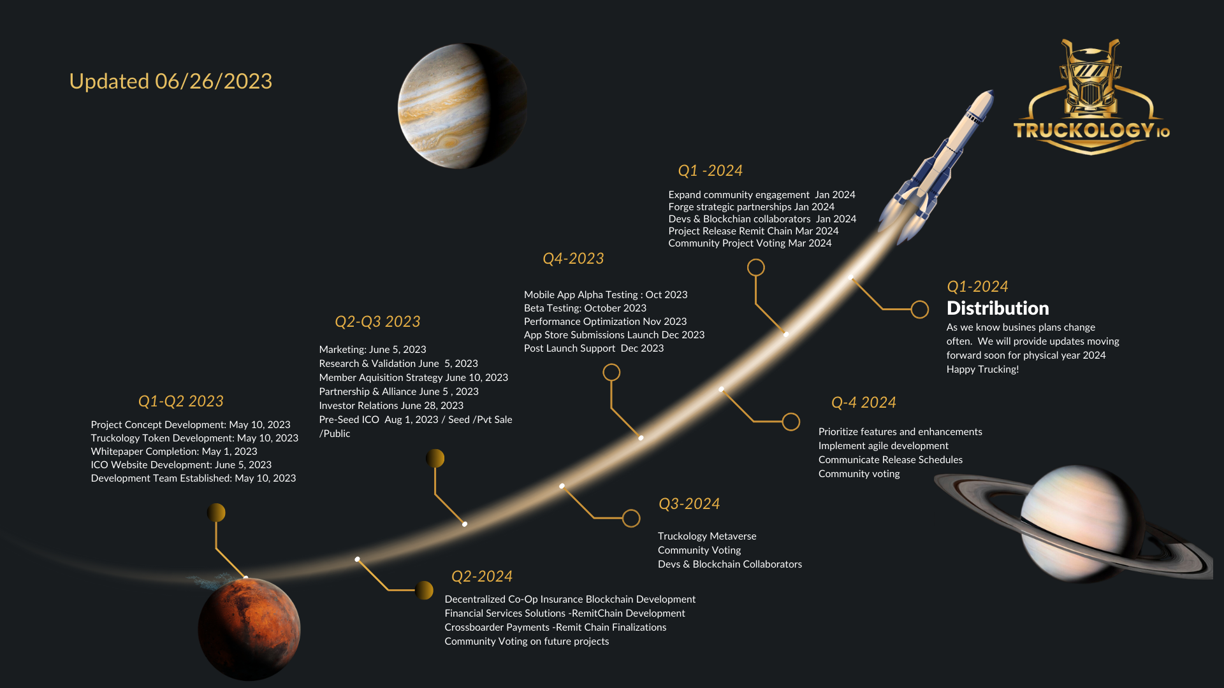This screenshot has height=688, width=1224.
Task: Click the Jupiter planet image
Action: (462, 106)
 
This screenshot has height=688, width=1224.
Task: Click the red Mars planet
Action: (249, 629)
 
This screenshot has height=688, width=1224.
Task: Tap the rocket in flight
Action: (935, 167)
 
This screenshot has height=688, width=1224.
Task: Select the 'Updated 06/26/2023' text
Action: (171, 82)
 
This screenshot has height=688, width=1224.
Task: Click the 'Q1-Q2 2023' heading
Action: (181, 401)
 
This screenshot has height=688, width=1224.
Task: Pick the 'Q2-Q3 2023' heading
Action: (377, 322)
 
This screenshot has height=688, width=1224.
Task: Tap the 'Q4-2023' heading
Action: (573, 259)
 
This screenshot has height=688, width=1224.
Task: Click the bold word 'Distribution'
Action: (998, 308)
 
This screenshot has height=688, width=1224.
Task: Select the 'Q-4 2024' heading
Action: (864, 403)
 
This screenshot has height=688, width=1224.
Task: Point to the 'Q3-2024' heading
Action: (689, 504)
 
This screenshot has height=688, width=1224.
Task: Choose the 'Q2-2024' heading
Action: (482, 577)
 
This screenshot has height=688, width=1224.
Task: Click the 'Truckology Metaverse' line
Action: (707, 536)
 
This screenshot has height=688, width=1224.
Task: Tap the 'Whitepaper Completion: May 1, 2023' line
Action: (174, 452)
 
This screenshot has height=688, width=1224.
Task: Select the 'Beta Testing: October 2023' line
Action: (585, 308)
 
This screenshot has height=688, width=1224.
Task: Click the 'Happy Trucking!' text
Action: (982, 369)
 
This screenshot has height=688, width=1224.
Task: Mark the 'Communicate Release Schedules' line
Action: (891, 460)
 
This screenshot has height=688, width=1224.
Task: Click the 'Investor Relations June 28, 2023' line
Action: (391, 406)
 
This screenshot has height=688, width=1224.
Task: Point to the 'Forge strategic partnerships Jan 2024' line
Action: (752, 207)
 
